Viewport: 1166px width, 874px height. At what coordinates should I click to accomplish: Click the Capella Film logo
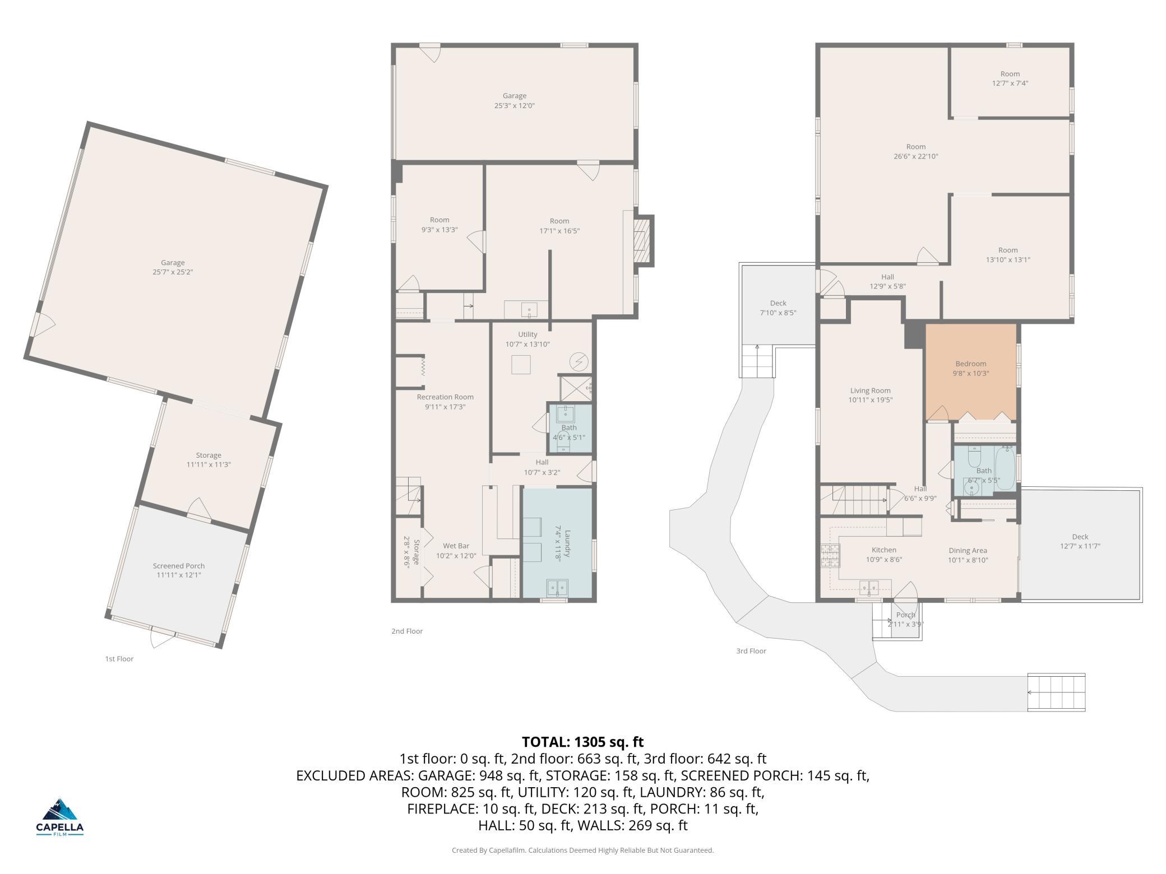pos(60,816)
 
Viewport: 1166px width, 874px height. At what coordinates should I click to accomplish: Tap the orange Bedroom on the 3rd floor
pos(971,372)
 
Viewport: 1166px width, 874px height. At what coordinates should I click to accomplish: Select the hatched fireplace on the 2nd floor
pos(642,241)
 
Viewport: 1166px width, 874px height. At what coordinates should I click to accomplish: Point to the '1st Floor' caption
pos(119,659)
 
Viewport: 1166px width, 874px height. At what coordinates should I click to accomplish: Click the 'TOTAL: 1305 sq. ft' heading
pos(583,742)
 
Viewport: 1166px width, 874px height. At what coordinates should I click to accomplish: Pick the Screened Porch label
pos(179,566)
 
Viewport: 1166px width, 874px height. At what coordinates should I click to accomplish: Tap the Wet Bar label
pos(456,546)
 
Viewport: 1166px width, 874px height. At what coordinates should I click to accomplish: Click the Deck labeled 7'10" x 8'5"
pos(778,305)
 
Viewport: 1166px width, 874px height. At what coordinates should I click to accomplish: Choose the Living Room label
pos(870,390)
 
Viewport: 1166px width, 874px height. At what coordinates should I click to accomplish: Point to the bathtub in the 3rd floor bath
pos(1006,468)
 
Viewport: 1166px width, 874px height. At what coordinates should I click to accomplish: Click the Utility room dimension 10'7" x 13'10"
pos(528,344)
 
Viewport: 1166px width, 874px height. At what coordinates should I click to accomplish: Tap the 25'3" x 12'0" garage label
pos(515,105)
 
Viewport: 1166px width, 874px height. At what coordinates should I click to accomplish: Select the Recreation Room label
pos(445,397)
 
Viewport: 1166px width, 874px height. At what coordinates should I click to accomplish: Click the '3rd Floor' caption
pos(751,651)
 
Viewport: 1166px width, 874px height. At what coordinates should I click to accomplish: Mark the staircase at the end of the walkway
pos(1056,692)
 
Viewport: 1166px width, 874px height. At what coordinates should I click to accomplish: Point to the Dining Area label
pos(968,550)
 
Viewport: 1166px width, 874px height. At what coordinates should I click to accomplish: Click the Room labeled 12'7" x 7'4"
pos(1010,78)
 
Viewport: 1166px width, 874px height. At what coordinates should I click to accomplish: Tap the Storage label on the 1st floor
pos(209,455)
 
